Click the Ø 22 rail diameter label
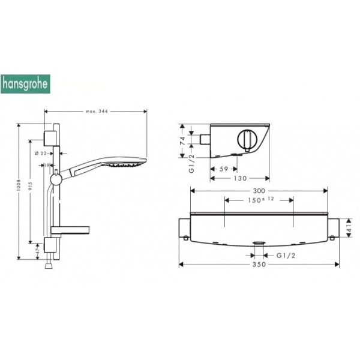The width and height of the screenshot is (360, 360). coord(41,154)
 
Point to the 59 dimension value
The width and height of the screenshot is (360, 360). coord(223,170)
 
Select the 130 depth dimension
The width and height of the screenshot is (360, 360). coord(239,178)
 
